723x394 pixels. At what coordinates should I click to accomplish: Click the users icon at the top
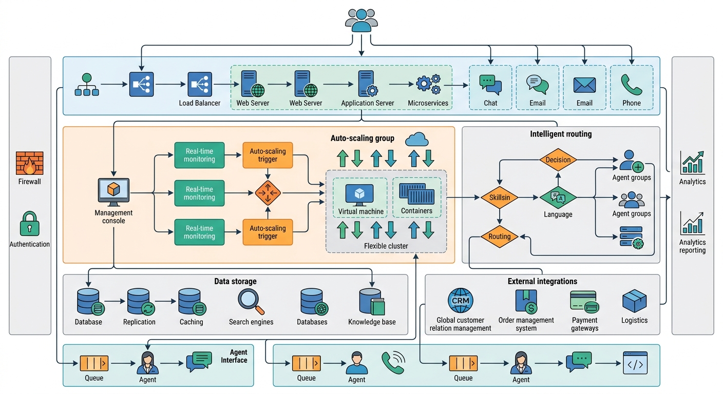(362, 21)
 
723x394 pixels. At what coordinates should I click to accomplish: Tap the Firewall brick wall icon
(29, 164)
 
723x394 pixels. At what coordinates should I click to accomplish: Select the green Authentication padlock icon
(29, 224)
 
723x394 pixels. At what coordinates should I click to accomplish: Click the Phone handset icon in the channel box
(631, 84)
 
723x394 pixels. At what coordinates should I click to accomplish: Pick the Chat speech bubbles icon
(490, 85)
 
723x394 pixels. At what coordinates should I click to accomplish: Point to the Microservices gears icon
(428, 84)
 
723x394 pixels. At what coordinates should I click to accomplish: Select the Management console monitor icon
(113, 192)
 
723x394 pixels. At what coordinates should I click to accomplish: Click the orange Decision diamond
(558, 160)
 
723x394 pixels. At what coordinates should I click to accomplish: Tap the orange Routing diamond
(499, 237)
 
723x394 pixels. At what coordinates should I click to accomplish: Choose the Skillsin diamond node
(499, 198)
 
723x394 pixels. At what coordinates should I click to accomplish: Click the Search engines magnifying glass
(251, 302)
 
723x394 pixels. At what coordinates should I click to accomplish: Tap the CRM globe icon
(460, 301)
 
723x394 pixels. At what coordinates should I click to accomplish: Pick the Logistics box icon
(634, 301)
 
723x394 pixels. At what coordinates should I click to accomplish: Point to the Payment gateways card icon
(584, 302)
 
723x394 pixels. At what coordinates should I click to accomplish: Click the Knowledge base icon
(372, 302)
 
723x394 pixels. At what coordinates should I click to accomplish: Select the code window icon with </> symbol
(635, 362)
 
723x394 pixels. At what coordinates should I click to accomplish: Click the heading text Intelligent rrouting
(561, 134)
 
